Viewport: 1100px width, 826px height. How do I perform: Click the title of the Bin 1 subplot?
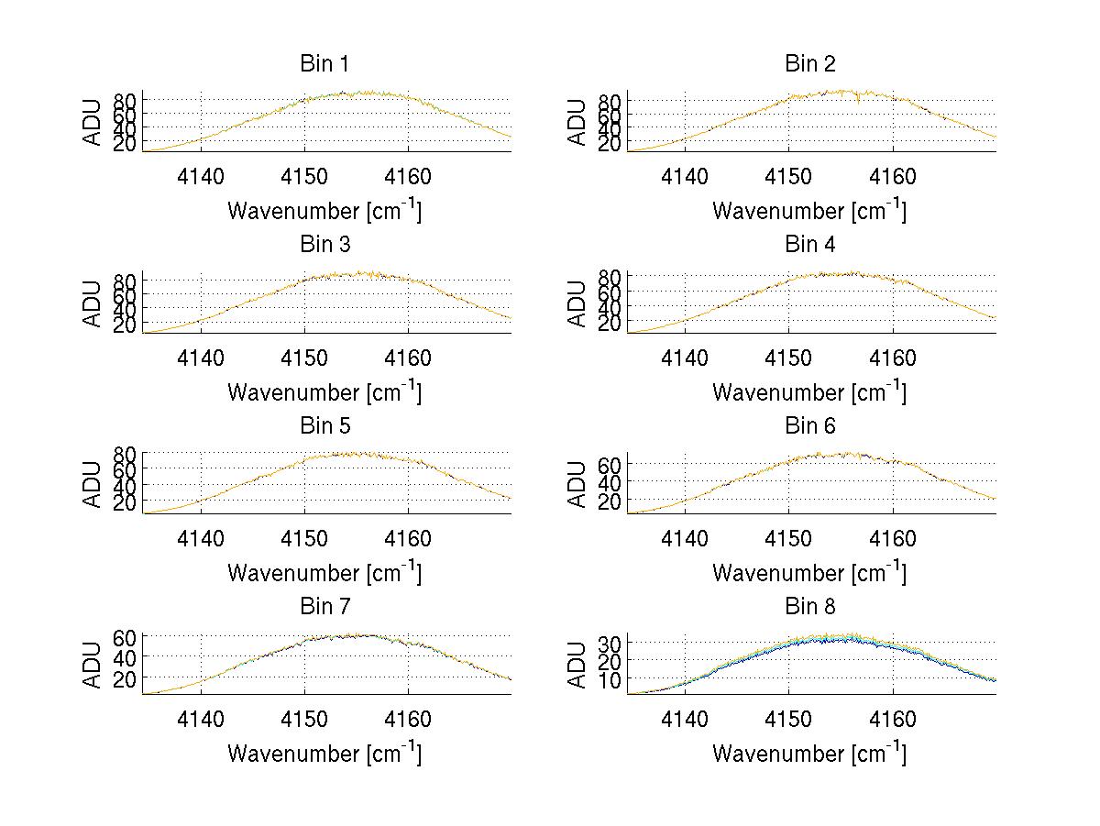pos(324,64)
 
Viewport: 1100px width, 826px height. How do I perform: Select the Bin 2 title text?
pos(809,64)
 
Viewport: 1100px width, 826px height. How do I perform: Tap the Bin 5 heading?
pos(324,426)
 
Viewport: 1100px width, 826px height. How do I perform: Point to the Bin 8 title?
pos(809,607)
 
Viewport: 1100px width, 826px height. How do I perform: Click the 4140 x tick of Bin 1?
pos(201,176)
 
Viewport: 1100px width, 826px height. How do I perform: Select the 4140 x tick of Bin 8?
pos(685,719)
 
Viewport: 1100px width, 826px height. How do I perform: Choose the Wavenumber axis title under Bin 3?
pos(324,391)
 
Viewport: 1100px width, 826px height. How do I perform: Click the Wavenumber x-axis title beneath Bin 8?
pos(809,754)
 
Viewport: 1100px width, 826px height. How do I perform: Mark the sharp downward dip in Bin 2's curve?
pos(857,101)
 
